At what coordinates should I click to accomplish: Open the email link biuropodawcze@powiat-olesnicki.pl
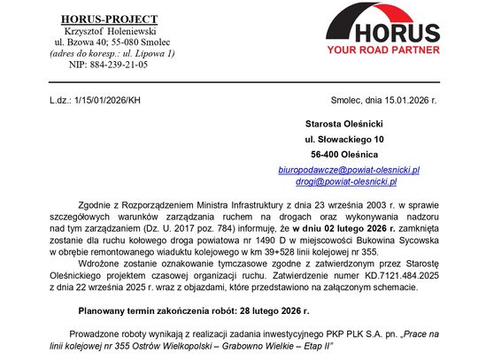click(x=361, y=169)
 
